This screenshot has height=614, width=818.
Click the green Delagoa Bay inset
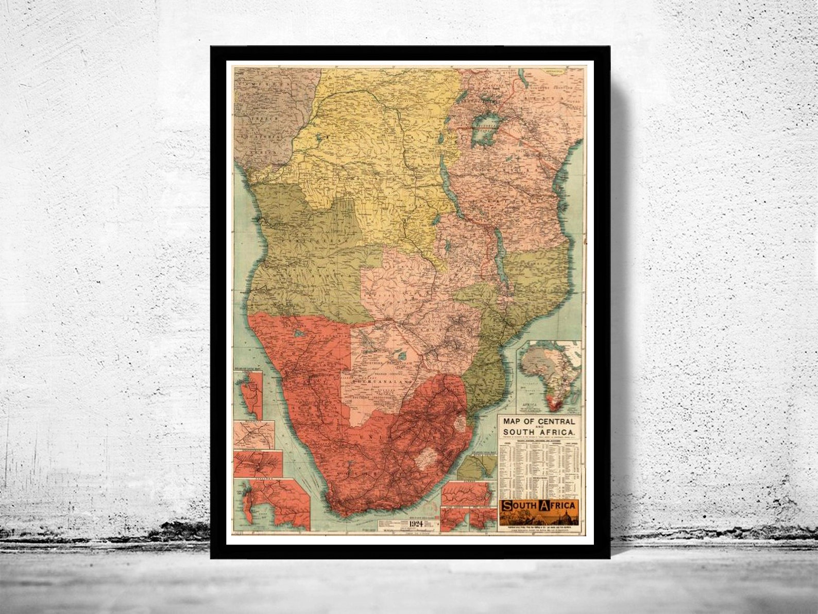pyautogui.click(x=476, y=467)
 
